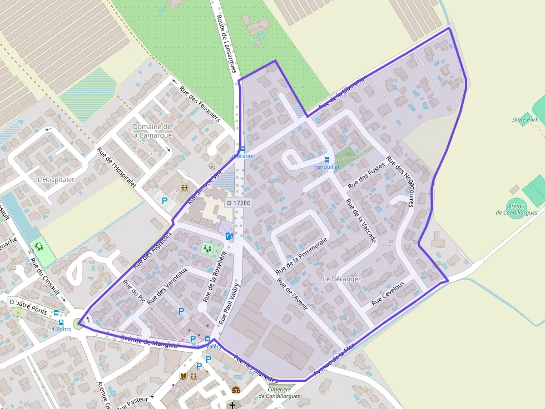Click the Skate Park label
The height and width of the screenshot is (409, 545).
point(524,120)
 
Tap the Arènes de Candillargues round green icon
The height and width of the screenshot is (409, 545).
point(516,204)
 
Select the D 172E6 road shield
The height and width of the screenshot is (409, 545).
point(238,203)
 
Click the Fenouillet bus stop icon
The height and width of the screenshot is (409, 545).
point(327,160)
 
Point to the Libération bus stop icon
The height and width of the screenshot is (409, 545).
point(242,149)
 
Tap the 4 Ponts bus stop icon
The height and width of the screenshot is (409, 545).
point(61,322)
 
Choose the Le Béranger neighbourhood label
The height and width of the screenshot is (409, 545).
point(341,279)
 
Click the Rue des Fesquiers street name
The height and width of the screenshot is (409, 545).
point(200,103)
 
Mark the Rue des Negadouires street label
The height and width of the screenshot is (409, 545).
point(400,181)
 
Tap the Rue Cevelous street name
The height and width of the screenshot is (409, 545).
point(388,294)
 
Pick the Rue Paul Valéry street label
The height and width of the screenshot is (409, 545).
point(229,303)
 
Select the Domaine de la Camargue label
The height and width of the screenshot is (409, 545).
point(152,131)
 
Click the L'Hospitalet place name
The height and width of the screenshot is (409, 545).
point(56,180)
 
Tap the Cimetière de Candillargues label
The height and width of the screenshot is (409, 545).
point(279,393)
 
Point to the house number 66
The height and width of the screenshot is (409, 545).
point(212,166)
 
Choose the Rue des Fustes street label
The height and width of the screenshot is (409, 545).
point(366,175)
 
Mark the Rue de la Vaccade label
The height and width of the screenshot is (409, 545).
point(361,221)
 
